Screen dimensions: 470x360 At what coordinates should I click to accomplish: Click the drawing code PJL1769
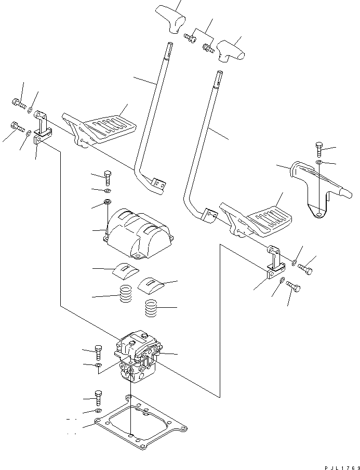coord(337,465)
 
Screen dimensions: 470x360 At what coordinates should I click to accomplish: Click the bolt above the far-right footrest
coord(319,149)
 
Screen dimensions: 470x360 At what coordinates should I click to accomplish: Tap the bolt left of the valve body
coord(99,352)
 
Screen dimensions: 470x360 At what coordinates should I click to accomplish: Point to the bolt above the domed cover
coord(108,177)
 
